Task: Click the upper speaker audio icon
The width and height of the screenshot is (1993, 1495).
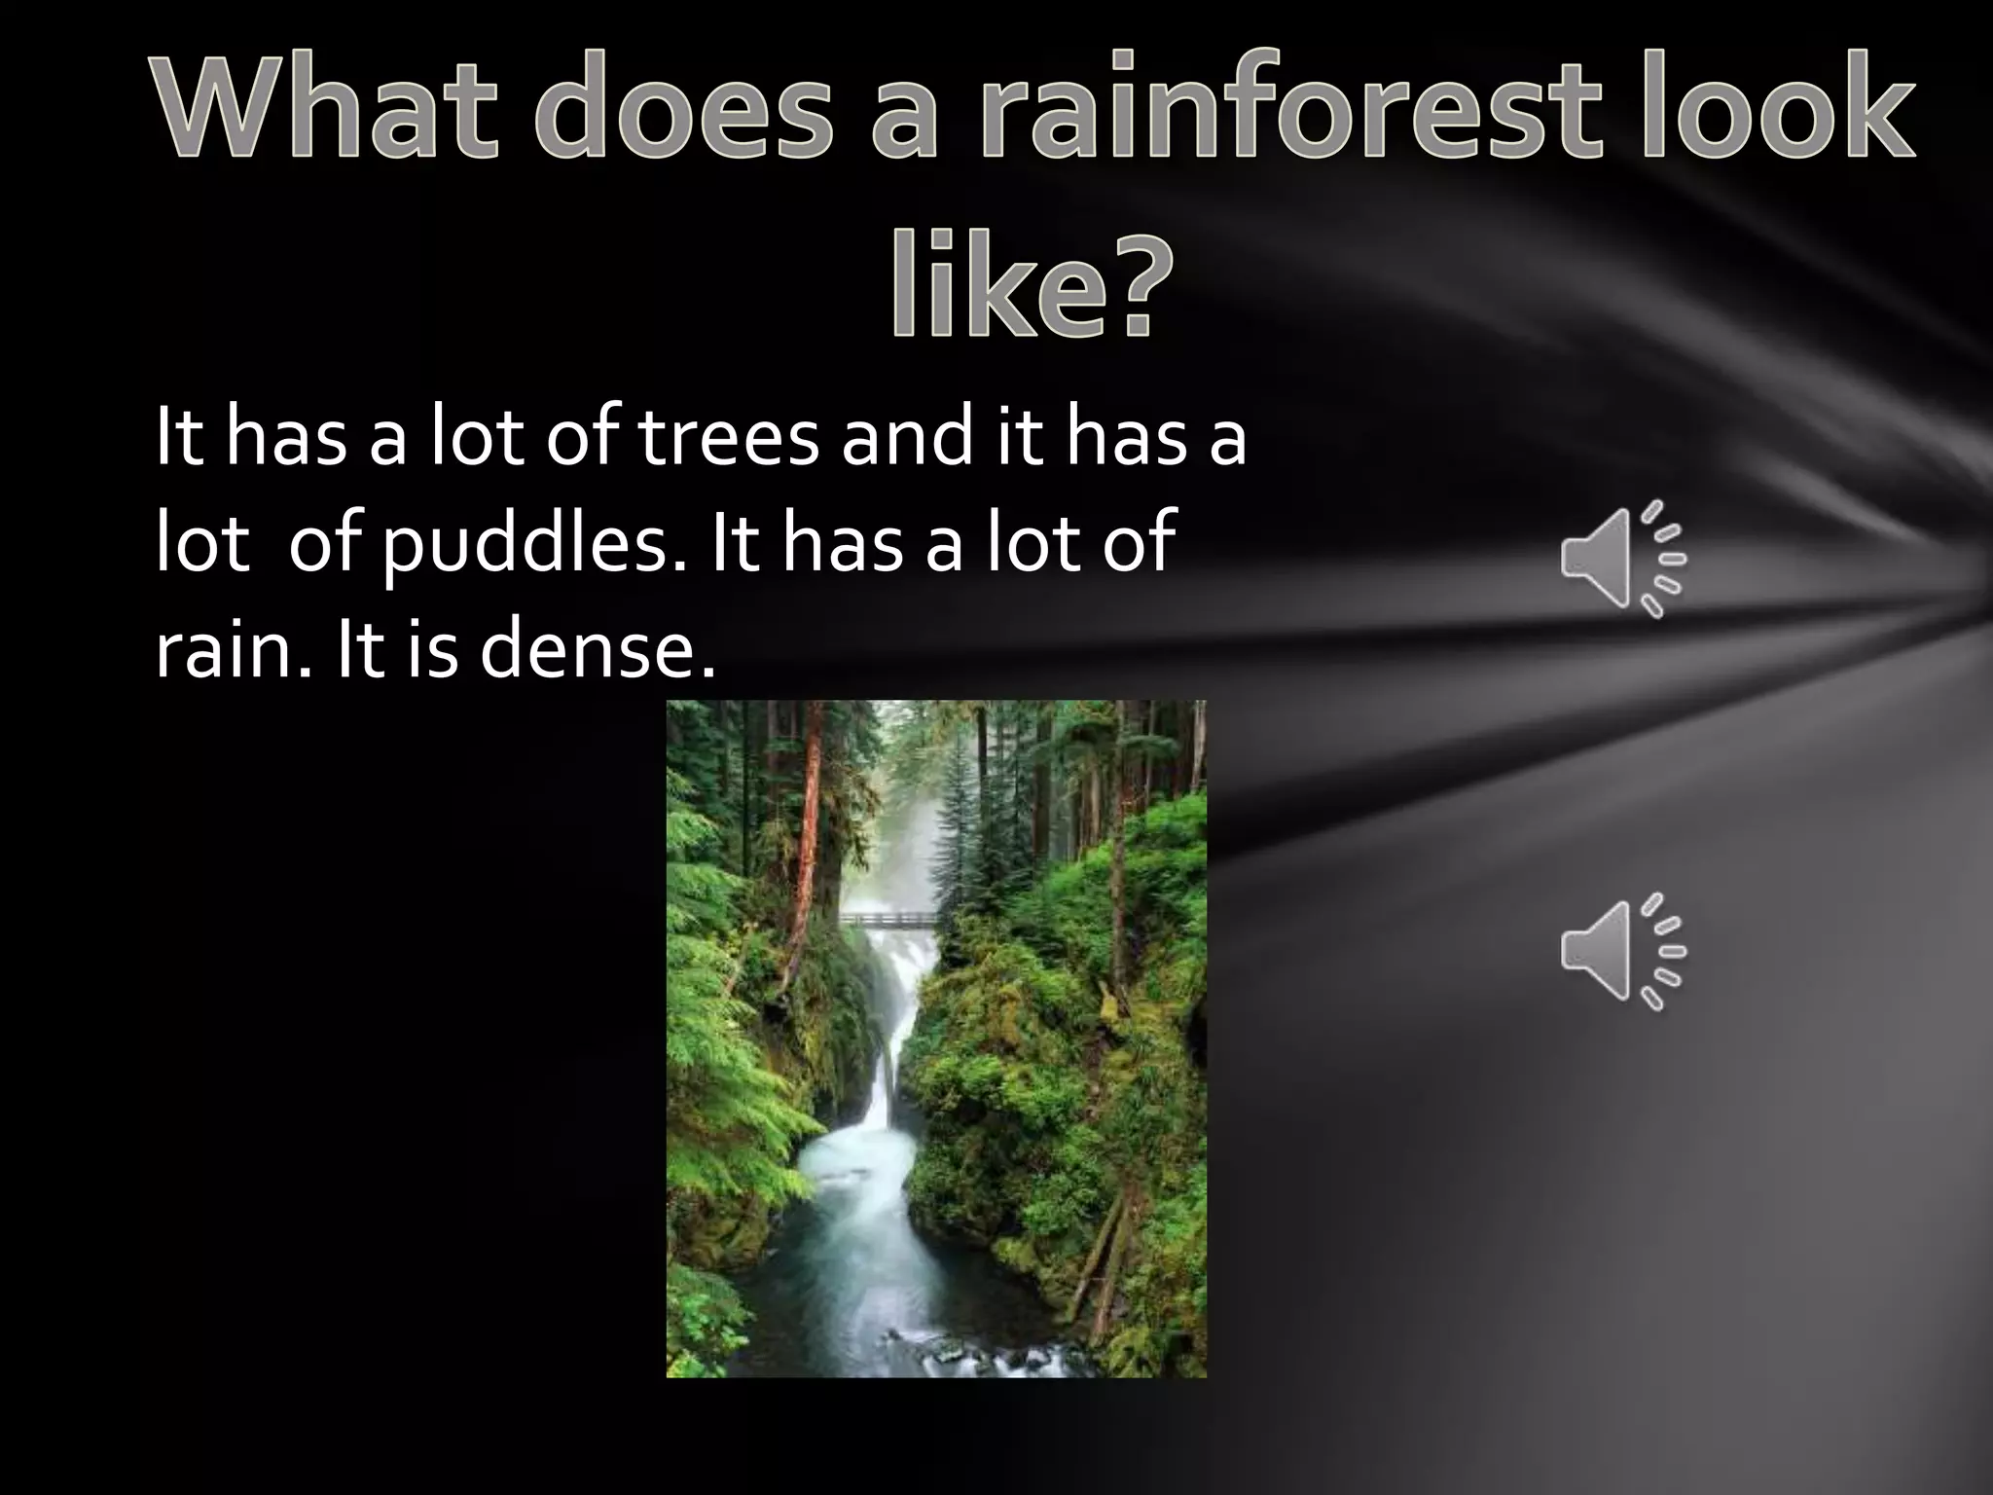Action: [1623, 559]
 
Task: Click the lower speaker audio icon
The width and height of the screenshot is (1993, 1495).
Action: [1623, 951]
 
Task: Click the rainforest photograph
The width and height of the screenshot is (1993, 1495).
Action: [936, 1039]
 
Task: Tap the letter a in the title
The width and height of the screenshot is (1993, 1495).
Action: [902, 109]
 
